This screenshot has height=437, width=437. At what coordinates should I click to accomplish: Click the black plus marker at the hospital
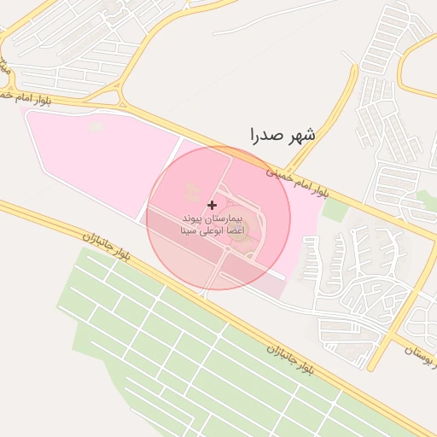point(212,205)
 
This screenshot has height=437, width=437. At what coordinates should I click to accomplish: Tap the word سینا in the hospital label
point(189,231)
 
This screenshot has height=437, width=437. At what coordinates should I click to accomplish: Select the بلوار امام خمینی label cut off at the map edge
point(20,98)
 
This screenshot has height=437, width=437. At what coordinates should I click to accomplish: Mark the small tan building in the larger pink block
point(96,127)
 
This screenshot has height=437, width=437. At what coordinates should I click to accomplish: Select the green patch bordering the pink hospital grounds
point(335,208)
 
